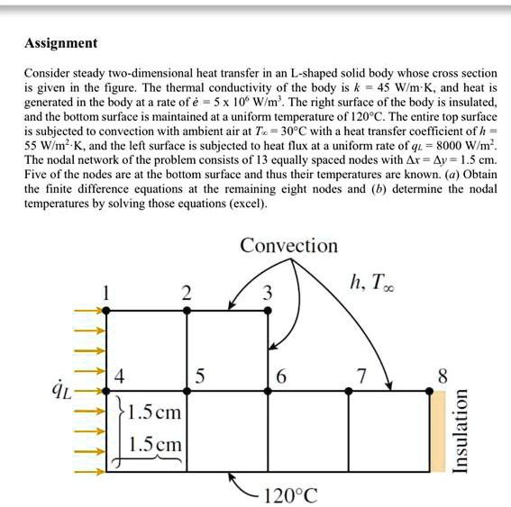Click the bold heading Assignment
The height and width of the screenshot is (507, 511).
61,43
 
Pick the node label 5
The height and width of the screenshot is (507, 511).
200,376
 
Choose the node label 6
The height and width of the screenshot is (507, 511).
281,376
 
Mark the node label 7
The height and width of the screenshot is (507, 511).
361,376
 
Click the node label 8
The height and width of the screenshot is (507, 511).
441,375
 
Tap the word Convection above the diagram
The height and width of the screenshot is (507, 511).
288,246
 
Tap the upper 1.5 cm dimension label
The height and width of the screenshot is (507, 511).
156,414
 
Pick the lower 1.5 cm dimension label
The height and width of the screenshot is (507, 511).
156,444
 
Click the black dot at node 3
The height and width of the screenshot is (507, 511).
268,310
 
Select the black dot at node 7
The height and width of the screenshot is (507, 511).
349,391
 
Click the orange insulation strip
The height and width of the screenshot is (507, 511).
437,431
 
